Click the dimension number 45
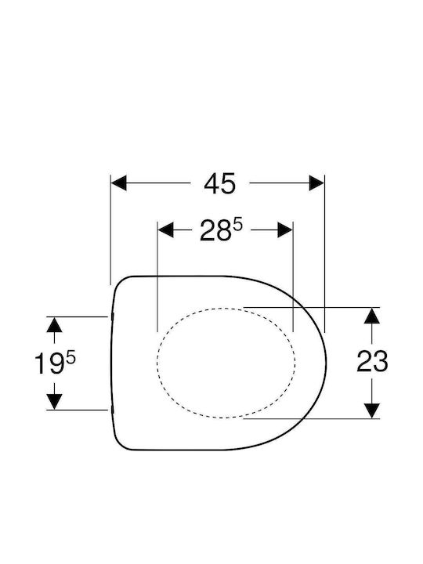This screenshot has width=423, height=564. [x=219, y=184]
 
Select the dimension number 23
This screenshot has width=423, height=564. [x=372, y=361]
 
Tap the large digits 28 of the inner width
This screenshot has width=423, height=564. [x=215, y=230]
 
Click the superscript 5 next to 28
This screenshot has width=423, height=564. [x=238, y=226]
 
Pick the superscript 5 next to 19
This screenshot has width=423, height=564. [x=70, y=359]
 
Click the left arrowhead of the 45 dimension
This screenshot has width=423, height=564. [x=119, y=183]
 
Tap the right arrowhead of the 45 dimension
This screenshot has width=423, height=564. [x=316, y=183]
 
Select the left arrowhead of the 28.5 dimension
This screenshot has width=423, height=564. [x=165, y=230]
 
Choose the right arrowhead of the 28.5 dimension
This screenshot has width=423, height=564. [x=285, y=230]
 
